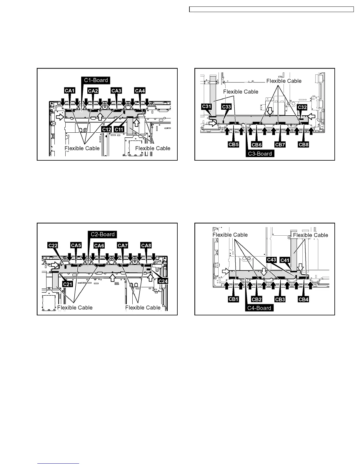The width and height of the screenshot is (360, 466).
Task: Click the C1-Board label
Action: point(96,80)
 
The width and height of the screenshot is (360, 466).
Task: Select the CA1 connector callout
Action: point(69,91)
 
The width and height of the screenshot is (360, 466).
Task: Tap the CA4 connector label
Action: point(140,91)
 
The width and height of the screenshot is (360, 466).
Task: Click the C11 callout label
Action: point(119,129)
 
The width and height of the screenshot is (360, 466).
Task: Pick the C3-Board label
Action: point(260,154)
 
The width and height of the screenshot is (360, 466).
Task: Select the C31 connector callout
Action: point(207,106)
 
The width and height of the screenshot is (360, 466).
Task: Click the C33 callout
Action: point(226,106)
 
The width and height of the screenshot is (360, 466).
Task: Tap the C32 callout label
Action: point(302,107)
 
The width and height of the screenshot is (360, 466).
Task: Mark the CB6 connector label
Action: point(257,145)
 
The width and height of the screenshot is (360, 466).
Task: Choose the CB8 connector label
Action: point(303,145)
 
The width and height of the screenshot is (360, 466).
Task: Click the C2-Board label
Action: point(103,234)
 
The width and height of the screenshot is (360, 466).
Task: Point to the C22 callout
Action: point(53,245)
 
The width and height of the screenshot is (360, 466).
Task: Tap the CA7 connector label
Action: point(122,245)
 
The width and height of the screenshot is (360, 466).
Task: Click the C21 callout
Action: point(68,284)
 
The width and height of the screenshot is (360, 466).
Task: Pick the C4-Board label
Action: point(259,308)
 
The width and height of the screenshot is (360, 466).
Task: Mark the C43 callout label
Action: point(272,259)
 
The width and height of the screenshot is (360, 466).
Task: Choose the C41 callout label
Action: point(285,260)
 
